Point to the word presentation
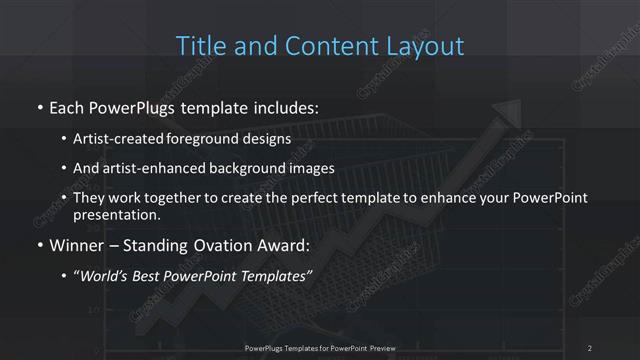(x=116, y=214)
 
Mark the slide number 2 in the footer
(x=590, y=348)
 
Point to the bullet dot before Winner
(x=39, y=245)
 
